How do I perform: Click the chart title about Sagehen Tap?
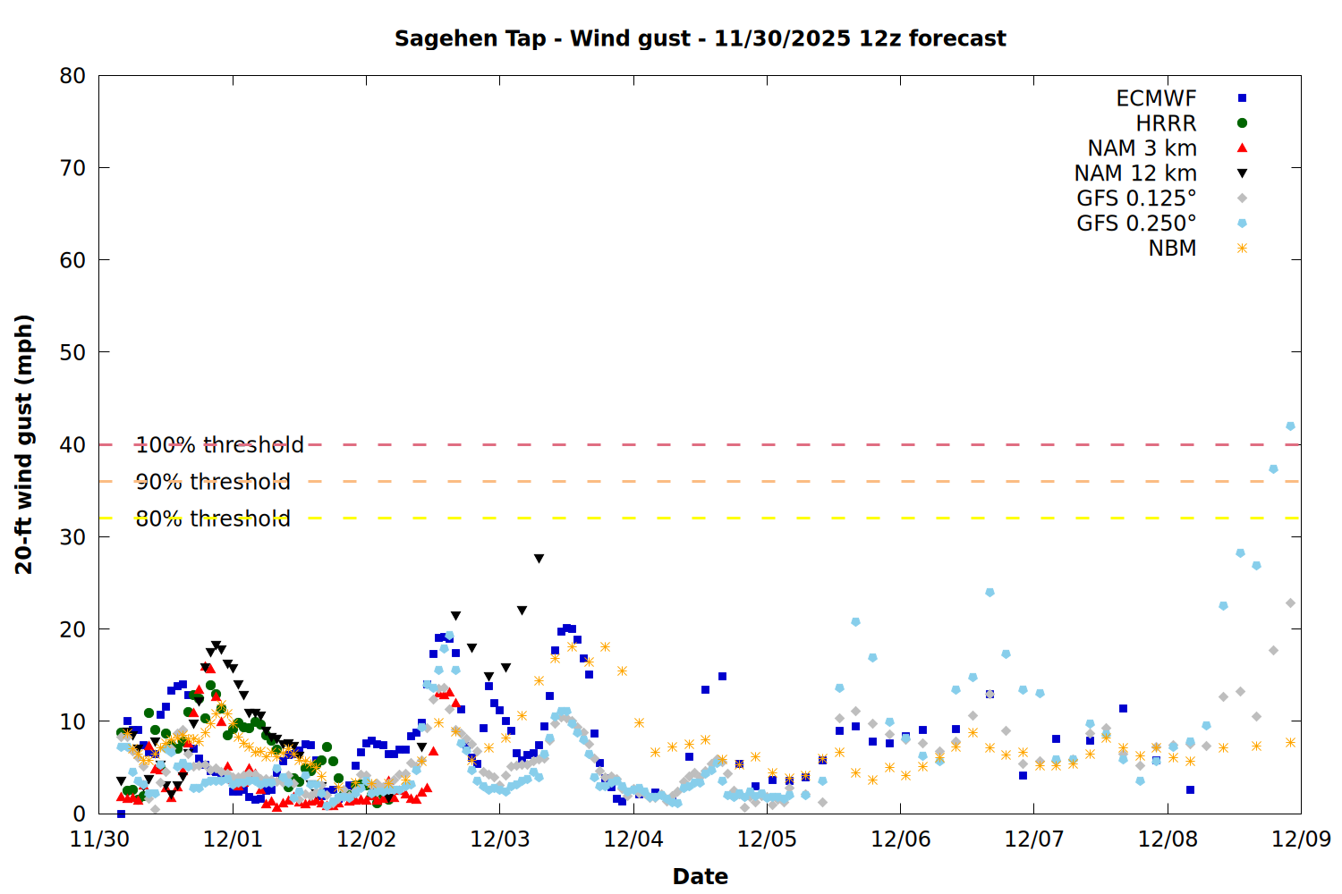click(700, 38)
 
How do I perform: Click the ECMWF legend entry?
click(1156, 98)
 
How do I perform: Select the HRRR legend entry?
click(1166, 123)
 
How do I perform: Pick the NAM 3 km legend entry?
click(1142, 148)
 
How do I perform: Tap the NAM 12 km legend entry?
click(1135, 173)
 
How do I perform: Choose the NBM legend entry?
click(1172, 249)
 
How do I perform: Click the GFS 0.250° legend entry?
click(1136, 223)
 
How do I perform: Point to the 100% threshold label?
click(219, 444)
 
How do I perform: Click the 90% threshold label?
click(213, 482)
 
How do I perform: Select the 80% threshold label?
click(213, 519)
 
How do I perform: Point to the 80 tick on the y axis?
click(72, 76)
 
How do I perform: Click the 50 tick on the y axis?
click(72, 352)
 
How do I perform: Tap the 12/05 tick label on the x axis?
click(767, 839)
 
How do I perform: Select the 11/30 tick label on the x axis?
click(98, 839)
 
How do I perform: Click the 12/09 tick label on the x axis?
click(1301, 839)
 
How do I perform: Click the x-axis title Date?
click(700, 876)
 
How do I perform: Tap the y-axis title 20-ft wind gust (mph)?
click(24, 444)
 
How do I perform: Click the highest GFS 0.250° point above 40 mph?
click(1290, 426)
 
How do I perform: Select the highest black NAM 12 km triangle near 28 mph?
click(539, 559)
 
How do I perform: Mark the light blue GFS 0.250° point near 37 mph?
click(1273, 468)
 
